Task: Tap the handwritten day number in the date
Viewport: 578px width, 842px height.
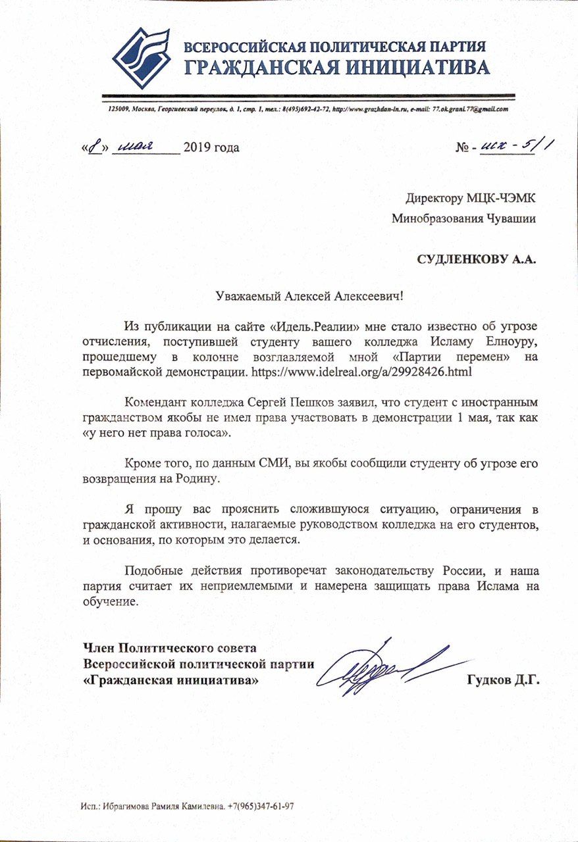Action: click(96, 146)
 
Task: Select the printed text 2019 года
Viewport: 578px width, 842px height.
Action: click(211, 147)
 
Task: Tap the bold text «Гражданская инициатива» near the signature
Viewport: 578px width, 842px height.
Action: click(172, 680)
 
